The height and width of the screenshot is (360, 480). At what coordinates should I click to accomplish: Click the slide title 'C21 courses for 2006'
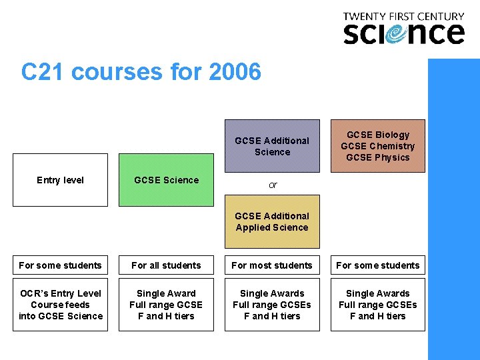[141, 71]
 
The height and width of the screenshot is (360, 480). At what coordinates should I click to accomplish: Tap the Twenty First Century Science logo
[403, 29]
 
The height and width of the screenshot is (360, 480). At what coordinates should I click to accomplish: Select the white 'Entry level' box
[61, 180]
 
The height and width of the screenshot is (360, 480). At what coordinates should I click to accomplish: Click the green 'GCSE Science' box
[166, 180]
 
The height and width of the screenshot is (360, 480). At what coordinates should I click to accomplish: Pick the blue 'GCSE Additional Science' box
[272, 146]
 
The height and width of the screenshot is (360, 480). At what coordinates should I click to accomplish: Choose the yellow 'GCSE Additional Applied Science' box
[272, 221]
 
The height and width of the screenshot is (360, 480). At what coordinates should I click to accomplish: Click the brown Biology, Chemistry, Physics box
[377, 146]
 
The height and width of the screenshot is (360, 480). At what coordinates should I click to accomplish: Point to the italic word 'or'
[273, 185]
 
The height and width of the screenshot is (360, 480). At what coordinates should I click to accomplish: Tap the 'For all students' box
[166, 265]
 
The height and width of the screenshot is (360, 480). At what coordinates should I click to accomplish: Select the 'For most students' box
[272, 265]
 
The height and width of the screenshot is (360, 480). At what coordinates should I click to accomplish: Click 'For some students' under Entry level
[61, 265]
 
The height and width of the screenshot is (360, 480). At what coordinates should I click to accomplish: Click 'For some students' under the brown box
[377, 265]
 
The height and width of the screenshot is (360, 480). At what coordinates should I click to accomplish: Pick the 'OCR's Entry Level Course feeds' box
[61, 305]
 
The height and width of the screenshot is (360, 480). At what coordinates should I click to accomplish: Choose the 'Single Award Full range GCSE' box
[166, 305]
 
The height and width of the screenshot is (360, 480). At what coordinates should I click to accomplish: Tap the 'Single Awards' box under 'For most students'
[272, 305]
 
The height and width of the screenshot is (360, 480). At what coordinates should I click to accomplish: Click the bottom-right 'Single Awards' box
[377, 305]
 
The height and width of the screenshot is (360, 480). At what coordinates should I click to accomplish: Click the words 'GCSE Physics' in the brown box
[378, 157]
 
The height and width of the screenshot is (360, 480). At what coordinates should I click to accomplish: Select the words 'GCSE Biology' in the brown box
[378, 135]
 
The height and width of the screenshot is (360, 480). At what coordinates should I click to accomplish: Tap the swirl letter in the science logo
[401, 33]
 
